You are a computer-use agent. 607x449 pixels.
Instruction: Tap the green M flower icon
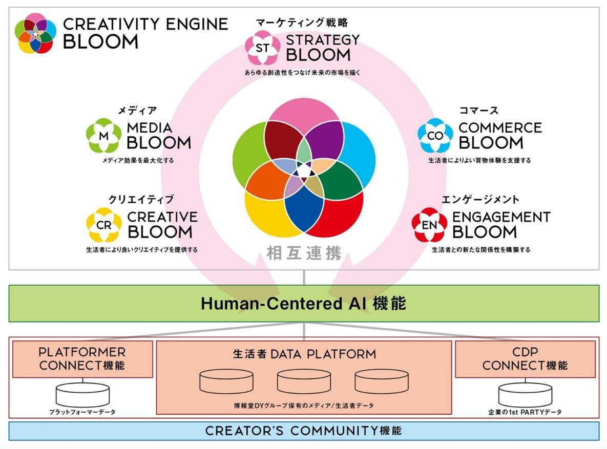104,136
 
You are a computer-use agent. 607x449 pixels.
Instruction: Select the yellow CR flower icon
104,225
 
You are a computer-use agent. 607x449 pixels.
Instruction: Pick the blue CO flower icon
435,136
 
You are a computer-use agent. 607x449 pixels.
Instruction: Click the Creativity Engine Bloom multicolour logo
35,33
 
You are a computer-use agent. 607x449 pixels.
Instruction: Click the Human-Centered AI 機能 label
303,304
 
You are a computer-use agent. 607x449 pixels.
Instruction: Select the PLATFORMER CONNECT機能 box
82,359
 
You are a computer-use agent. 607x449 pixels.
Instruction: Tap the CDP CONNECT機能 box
525,359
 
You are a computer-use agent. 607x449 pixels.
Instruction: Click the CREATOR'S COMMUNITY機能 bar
303,431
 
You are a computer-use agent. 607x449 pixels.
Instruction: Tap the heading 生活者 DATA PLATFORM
304,354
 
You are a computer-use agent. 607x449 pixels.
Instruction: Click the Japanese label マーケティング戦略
302,23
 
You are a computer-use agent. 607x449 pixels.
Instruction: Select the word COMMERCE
500,127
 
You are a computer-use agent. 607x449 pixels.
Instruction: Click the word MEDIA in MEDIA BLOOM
149,127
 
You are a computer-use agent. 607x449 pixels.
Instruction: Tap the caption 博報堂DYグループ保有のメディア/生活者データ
303,405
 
